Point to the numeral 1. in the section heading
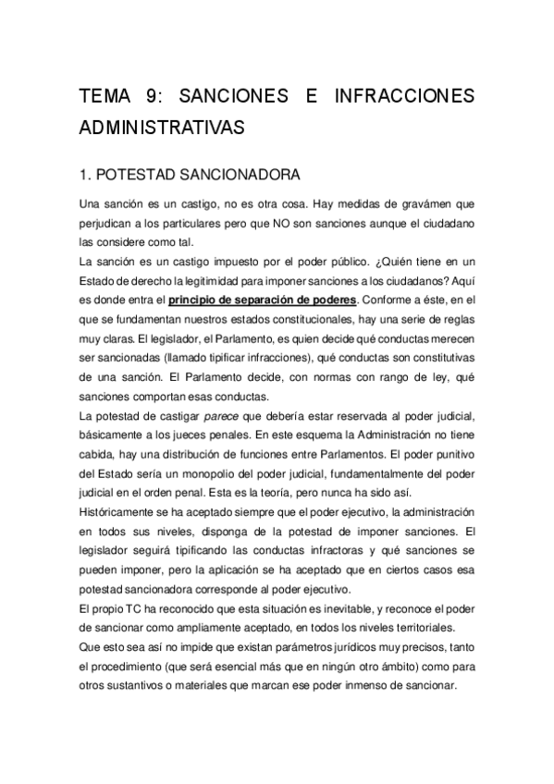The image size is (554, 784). [86, 174]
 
